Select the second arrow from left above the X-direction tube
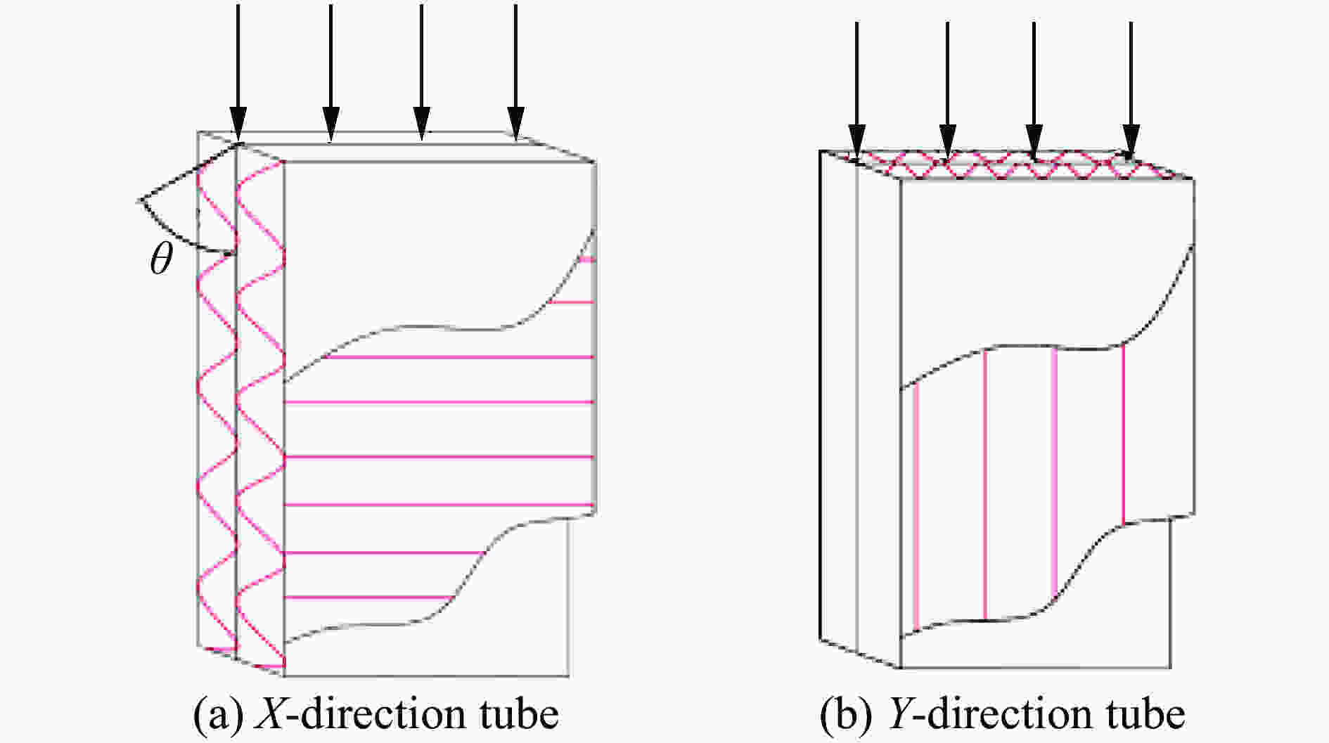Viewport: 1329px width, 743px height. tap(331, 73)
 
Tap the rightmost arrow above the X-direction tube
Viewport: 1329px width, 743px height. tap(516, 72)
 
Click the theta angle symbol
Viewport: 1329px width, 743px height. tap(161, 261)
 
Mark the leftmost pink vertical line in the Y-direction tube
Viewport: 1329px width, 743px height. tap(916, 505)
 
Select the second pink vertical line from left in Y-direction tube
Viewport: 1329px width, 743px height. tap(985, 485)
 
